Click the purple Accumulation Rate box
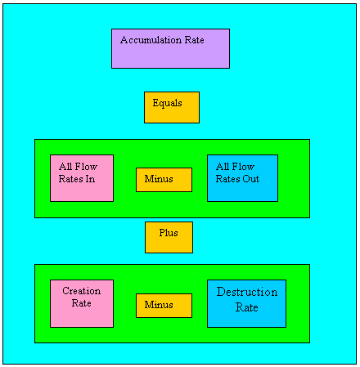pyautogui.click(x=170, y=49)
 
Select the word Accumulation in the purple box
pyautogui.click(x=151, y=40)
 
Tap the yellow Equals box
pyautogui.click(x=172, y=107)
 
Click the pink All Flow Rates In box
pyautogui.click(x=82, y=178)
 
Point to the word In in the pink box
pyautogui.click(x=90, y=179)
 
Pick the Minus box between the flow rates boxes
pyautogui.click(x=164, y=180)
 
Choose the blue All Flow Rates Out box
pyautogui.click(x=242, y=178)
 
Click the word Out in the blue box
pyautogui.click(x=251, y=179)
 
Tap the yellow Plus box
pyautogui.click(x=169, y=237)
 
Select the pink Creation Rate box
pyautogui.click(x=82, y=303)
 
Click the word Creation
pyautogui.click(x=82, y=291)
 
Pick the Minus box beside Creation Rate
pyautogui.click(x=164, y=306)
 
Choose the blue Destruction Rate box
pyautogui.click(x=246, y=303)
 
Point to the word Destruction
pyautogui.click(x=247, y=292)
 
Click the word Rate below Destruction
pyautogui.click(x=247, y=307)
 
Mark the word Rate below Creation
pyautogui.click(x=81, y=303)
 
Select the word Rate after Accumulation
pyautogui.click(x=195, y=40)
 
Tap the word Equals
pyautogui.click(x=167, y=103)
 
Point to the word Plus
pyautogui.click(x=169, y=233)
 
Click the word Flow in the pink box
pyautogui.click(x=86, y=167)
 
